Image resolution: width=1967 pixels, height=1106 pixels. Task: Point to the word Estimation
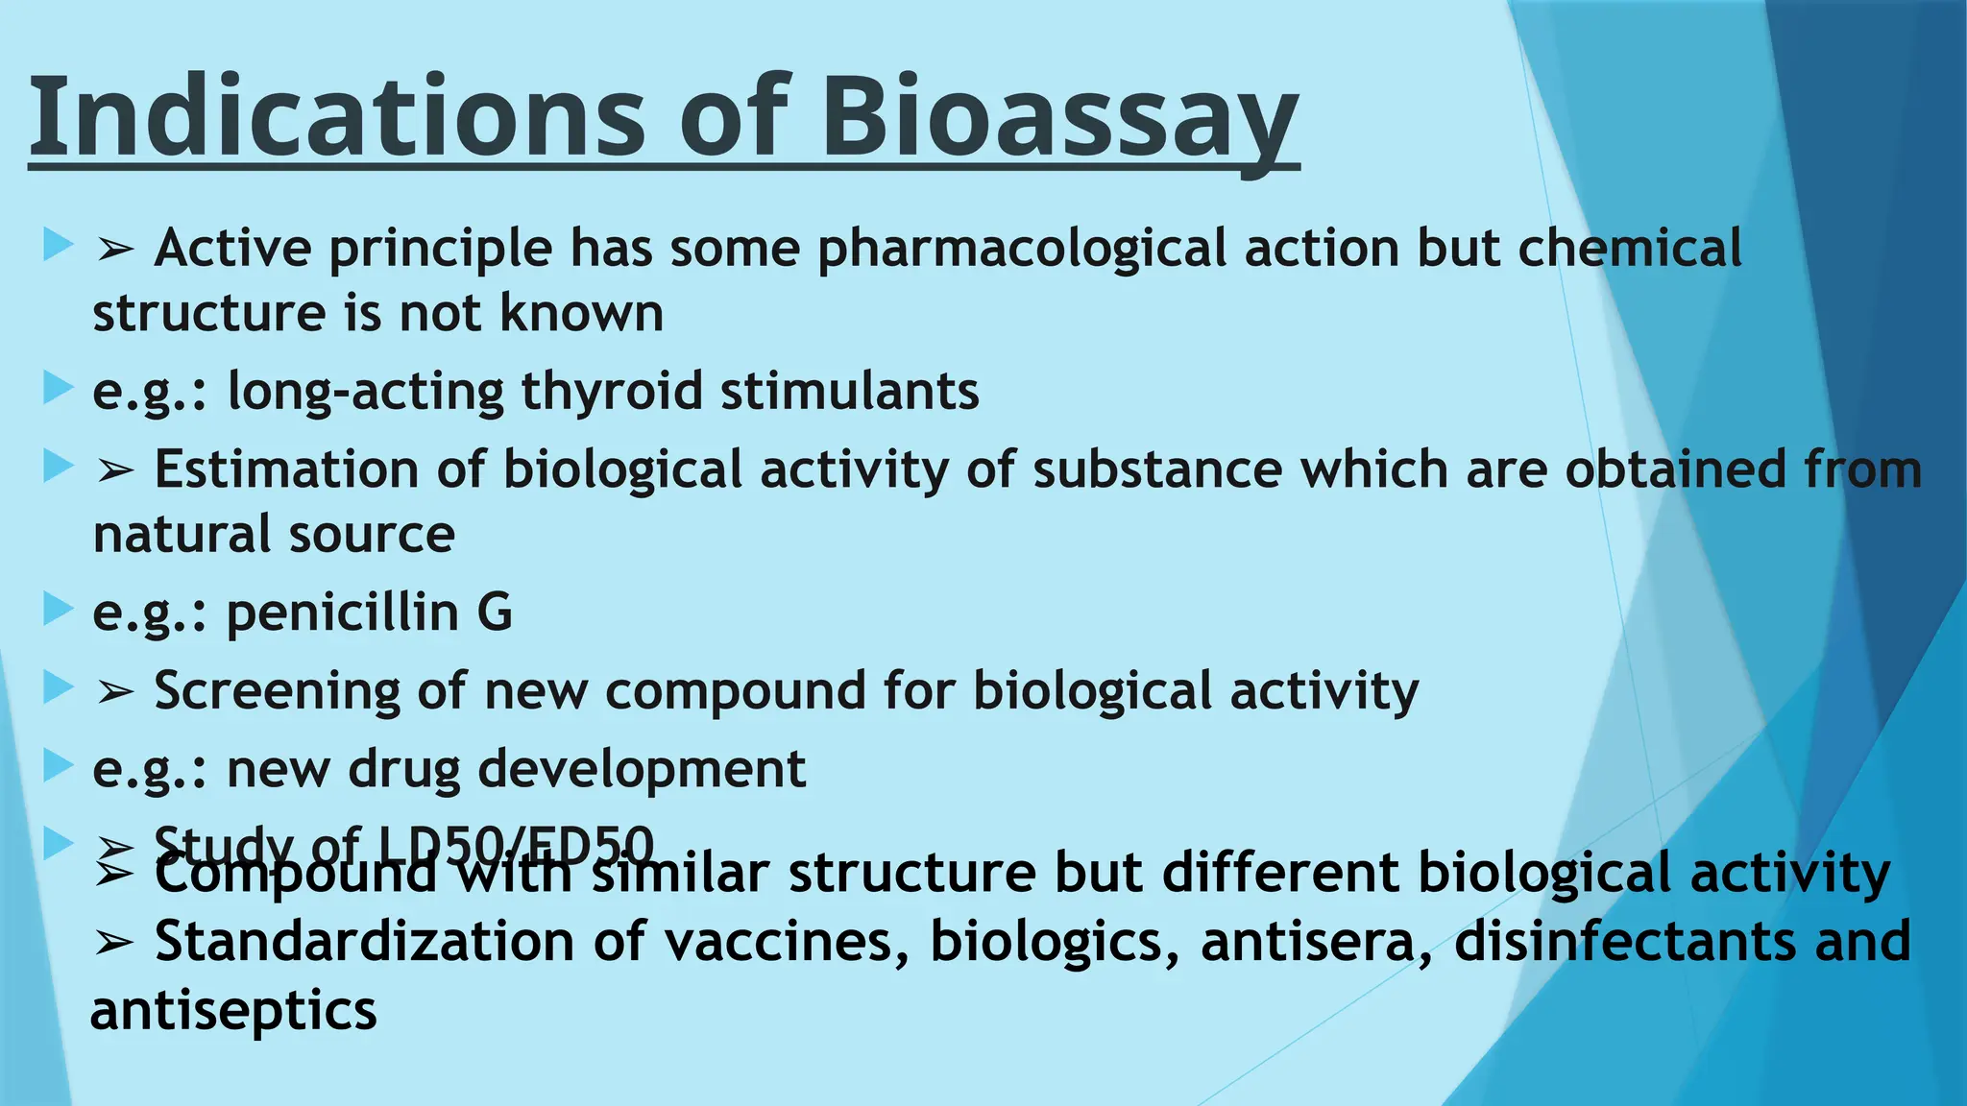pos(286,470)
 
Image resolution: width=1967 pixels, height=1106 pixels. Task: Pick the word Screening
pos(277,691)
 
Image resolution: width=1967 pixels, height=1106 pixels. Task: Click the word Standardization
pos(364,942)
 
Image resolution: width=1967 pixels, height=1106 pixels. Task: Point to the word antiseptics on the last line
pos(233,1011)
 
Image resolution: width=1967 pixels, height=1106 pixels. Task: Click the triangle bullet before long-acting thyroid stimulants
pos(58,389)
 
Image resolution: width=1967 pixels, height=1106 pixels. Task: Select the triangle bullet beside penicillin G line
pos(58,609)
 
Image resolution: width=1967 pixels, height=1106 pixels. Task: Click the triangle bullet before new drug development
pos(58,766)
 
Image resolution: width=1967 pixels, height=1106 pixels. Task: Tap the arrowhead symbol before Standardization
pos(114,944)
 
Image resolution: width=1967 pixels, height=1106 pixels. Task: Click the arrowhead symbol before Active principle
pos(114,251)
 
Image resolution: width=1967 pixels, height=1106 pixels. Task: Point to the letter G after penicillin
pos(495,613)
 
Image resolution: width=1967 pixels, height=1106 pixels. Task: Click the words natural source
pos(274,535)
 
